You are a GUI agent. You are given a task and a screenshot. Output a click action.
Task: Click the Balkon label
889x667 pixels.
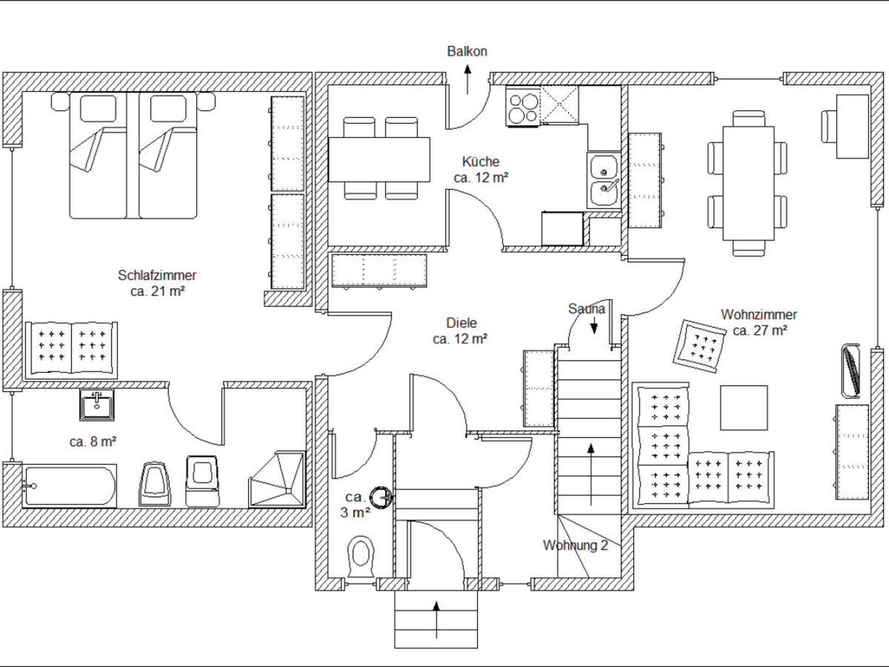467,51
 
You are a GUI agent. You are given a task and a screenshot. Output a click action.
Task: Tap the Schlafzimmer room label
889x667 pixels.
157,275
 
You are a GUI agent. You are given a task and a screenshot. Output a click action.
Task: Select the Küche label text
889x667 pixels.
481,162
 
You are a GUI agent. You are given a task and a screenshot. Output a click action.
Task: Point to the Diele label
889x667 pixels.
461,323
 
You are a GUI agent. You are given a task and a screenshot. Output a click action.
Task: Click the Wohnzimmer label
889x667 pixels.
759,315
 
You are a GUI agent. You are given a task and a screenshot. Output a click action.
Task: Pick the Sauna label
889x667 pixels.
587,308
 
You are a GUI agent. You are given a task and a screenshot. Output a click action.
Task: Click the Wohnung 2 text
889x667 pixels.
576,545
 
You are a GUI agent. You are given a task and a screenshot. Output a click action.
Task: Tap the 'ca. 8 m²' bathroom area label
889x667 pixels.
93,441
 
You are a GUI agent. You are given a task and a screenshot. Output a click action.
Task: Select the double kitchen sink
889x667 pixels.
604,180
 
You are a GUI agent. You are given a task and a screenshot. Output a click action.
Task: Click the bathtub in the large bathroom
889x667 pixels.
69,486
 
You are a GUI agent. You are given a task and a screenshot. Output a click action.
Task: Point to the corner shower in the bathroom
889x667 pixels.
277,479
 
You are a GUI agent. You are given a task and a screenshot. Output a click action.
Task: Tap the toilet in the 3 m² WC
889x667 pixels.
361,557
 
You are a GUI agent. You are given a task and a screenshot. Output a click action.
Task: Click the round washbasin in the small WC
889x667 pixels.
382,498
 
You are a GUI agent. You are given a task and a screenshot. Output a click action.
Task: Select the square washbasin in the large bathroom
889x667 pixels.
97,405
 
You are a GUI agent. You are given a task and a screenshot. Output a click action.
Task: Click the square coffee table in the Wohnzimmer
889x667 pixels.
744,408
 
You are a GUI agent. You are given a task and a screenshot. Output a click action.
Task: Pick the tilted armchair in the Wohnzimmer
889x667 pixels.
699,346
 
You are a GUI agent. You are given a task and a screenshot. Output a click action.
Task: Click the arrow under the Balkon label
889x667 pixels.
468,79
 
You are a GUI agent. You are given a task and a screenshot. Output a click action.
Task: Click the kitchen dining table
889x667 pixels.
379,159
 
